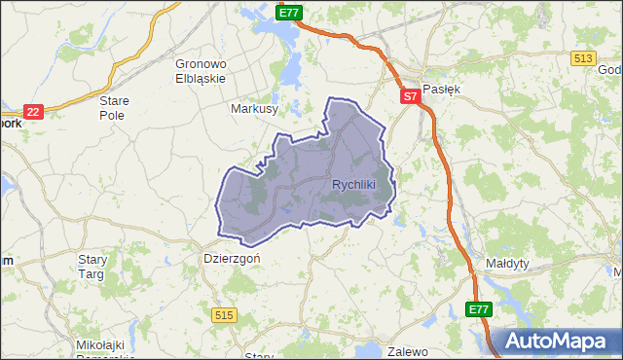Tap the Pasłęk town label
click(439, 88)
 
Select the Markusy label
click(255, 109)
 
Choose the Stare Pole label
click(116, 106)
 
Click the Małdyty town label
click(506, 264)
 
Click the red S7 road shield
click(410, 96)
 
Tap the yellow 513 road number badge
click(584, 58)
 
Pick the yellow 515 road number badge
click(225, 313)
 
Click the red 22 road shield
click(34, 112)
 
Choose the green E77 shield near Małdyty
click(477, 309)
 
